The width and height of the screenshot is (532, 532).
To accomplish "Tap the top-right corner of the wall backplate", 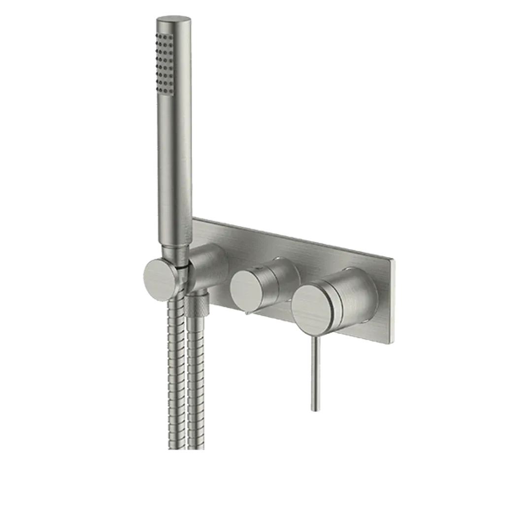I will (395, 258).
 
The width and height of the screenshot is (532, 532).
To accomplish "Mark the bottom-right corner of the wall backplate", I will (393, 344).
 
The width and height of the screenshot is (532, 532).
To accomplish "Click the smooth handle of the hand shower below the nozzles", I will (172, 172).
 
